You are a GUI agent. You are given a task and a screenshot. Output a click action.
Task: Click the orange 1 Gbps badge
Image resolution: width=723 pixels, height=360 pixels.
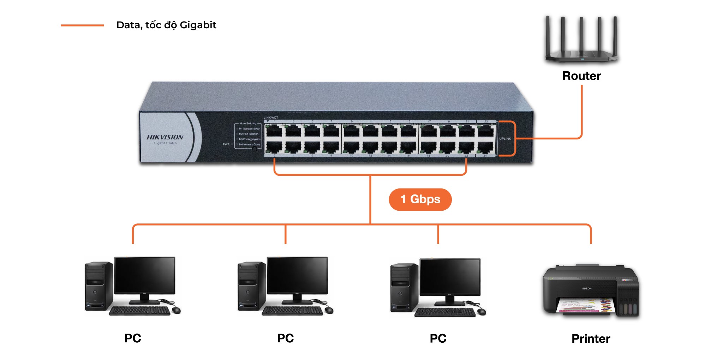click(420, 199)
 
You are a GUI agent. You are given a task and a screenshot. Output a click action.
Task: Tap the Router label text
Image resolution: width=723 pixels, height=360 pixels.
click(581, 76)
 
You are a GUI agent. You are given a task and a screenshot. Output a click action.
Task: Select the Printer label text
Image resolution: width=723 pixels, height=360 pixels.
click(591, 338)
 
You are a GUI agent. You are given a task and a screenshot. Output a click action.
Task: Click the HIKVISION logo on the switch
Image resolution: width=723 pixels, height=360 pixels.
click(165, 137)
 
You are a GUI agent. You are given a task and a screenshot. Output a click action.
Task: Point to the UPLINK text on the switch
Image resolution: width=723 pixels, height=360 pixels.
click(505, 139)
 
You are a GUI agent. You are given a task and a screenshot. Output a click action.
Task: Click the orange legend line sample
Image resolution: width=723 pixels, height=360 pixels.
click(82, 25)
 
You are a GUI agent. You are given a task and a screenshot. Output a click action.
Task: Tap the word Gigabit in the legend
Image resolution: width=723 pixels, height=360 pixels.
click(198, 25)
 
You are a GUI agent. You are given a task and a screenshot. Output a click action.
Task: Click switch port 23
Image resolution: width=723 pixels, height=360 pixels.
click(486, 131)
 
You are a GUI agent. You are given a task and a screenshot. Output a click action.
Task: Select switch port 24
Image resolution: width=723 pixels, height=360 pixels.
click(486, 147)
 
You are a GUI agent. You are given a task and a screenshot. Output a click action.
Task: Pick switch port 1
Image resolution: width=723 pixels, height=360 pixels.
click(274, 131)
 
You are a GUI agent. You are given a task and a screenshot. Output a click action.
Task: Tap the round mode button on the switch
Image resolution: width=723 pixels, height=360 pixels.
click(254, 149)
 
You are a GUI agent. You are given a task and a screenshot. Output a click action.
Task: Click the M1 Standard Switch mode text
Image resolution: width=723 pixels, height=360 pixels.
click(249, 128)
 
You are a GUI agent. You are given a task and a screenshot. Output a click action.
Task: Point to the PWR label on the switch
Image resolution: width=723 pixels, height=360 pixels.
click(226, 144)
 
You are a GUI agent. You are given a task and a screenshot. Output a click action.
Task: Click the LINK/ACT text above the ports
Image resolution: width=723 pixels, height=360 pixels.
click(271, 118)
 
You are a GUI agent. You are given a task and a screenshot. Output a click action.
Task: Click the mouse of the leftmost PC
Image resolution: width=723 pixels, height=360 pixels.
click(176, 310)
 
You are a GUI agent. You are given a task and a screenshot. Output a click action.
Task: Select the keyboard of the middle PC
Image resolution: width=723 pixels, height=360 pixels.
click(292, 311)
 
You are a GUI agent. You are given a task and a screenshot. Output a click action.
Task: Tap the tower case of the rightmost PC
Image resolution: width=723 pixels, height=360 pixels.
click(404, 288)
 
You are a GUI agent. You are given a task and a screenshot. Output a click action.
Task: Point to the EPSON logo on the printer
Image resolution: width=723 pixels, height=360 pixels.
click(587, 289)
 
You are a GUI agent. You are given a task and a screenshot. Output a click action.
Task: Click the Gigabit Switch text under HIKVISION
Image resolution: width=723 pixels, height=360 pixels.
click(165, 143)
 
